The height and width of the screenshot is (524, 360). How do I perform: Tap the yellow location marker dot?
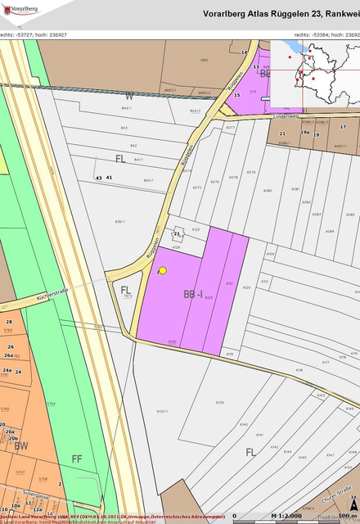tap(163, 270)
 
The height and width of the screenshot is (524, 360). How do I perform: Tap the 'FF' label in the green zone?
tap(77, 458)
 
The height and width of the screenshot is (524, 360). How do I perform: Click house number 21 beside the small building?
tap(176, 233)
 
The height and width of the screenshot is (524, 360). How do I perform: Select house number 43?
tap(98, 178)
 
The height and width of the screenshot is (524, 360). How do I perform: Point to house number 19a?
tap(304, 133)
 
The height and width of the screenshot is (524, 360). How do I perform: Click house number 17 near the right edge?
tap(344, 127)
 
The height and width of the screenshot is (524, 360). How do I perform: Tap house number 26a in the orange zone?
tap(9, 356)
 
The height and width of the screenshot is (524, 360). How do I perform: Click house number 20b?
tap(13, 439)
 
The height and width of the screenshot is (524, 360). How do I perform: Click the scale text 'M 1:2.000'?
tap(291, 516)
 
